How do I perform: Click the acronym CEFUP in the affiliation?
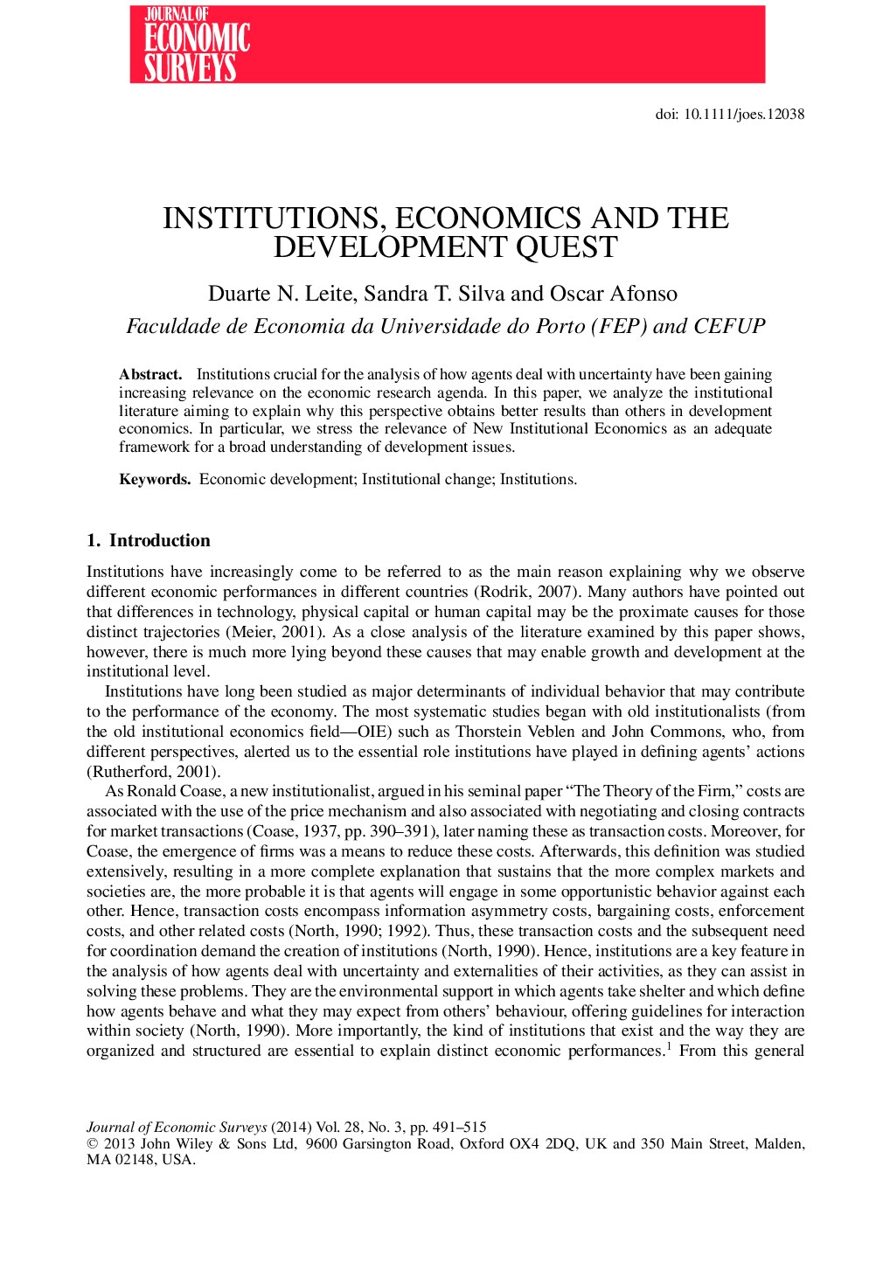coord(729,327)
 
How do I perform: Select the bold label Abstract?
coord(150,375)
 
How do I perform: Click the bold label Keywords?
coord(155,480)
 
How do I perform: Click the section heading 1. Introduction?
coord(149,541)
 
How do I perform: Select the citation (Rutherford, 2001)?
coord(153,772)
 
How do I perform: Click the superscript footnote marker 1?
coord(668,1045)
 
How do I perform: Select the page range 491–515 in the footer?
coord(458,1128)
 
